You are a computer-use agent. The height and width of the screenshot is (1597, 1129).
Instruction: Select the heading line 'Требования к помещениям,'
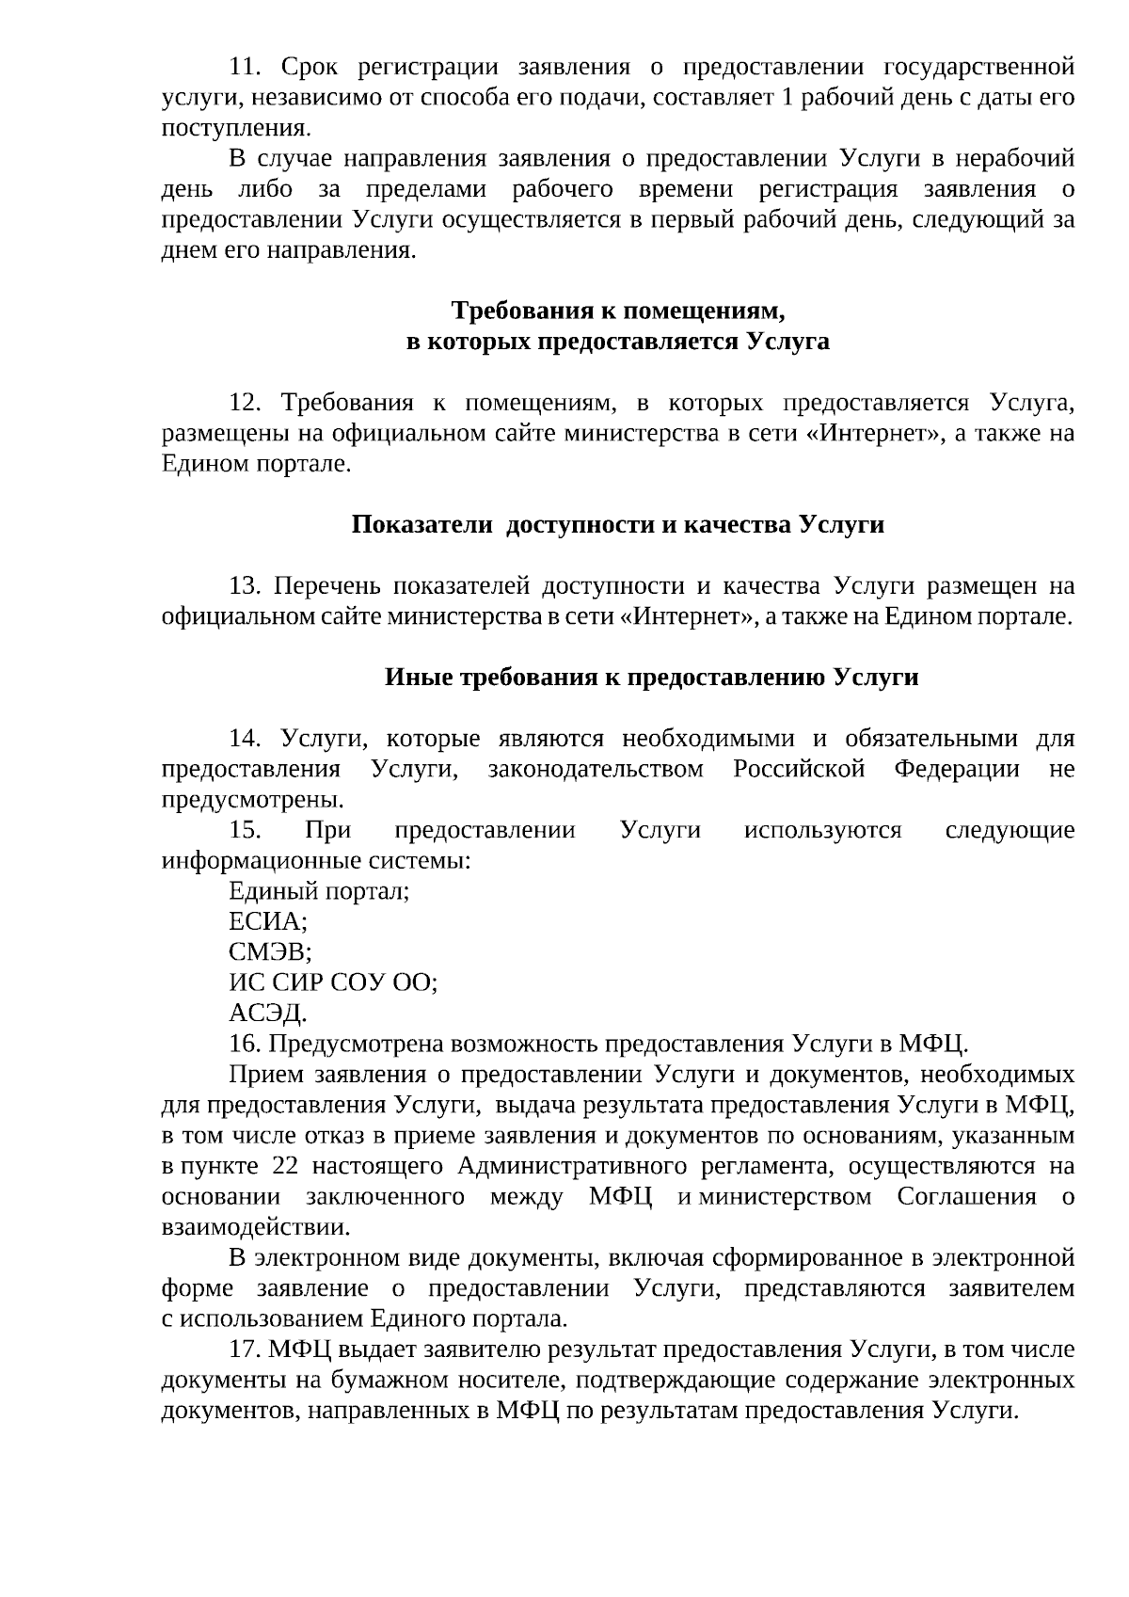(x=618, y=311)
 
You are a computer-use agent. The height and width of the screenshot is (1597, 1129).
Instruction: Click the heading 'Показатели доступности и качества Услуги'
(x=618, y=524)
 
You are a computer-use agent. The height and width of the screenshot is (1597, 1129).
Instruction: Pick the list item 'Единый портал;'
(x=319, y=891)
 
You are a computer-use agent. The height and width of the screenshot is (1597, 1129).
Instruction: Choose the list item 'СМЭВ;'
(x=270, y=952)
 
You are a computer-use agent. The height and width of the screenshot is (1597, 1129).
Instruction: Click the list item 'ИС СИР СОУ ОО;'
(x=333, y=982)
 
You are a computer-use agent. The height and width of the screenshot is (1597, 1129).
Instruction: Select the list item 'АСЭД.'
(x=267, y=1014)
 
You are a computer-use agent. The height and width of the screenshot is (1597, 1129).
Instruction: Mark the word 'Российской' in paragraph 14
(x=798, y=770)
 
